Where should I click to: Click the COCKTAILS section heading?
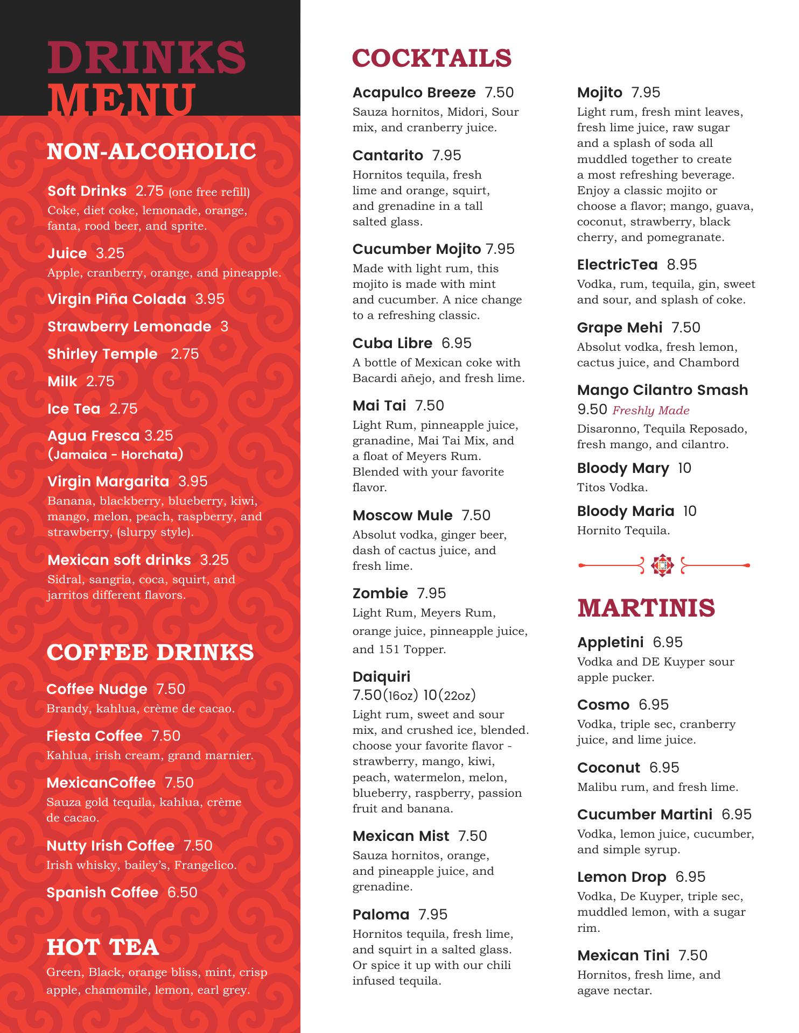coord(431,58)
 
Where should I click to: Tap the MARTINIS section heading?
coord(646,608)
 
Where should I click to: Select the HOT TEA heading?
coord(103,947)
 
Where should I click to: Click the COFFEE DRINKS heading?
coord(150,652)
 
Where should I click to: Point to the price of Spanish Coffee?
coord(183,892)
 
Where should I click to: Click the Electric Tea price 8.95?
coord(682,264)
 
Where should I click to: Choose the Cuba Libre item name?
coord(392,343)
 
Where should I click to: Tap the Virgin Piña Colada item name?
coord(116,299)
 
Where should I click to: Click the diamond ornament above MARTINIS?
coord(662,565)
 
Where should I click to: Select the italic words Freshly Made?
coord(650,410)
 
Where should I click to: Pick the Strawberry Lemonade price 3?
coord(224,326)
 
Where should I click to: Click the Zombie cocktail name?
coord(380,593)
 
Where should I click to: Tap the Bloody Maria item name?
coord(625,511)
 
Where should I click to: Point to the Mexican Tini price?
coord(692,955)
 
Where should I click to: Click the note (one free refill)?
coord(209,192)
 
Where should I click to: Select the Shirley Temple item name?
coord(102,353)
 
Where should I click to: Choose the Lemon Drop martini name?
coord(621,876)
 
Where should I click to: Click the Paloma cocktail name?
coord(381,914)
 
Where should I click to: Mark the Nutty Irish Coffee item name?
coord(110,845)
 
